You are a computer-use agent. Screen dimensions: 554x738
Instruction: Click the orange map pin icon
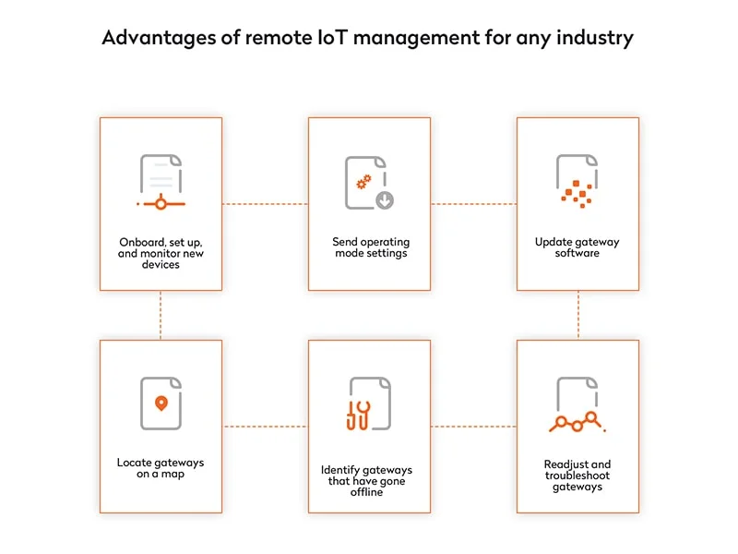161,403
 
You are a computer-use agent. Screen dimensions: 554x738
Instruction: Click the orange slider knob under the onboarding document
161,203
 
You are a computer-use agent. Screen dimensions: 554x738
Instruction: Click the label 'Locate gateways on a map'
161,467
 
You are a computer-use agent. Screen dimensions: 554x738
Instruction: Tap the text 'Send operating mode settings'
369,247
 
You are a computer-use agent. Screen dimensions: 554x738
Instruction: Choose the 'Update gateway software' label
577,247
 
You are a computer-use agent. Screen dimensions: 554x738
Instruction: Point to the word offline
369,492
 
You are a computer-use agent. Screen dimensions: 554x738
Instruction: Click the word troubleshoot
577,476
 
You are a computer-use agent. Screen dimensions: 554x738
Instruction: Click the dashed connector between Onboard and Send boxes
265,204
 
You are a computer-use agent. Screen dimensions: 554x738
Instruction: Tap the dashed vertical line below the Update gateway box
577,315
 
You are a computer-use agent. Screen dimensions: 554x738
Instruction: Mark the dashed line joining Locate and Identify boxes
265,427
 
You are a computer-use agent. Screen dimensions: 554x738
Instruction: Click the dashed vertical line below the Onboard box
161,315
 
